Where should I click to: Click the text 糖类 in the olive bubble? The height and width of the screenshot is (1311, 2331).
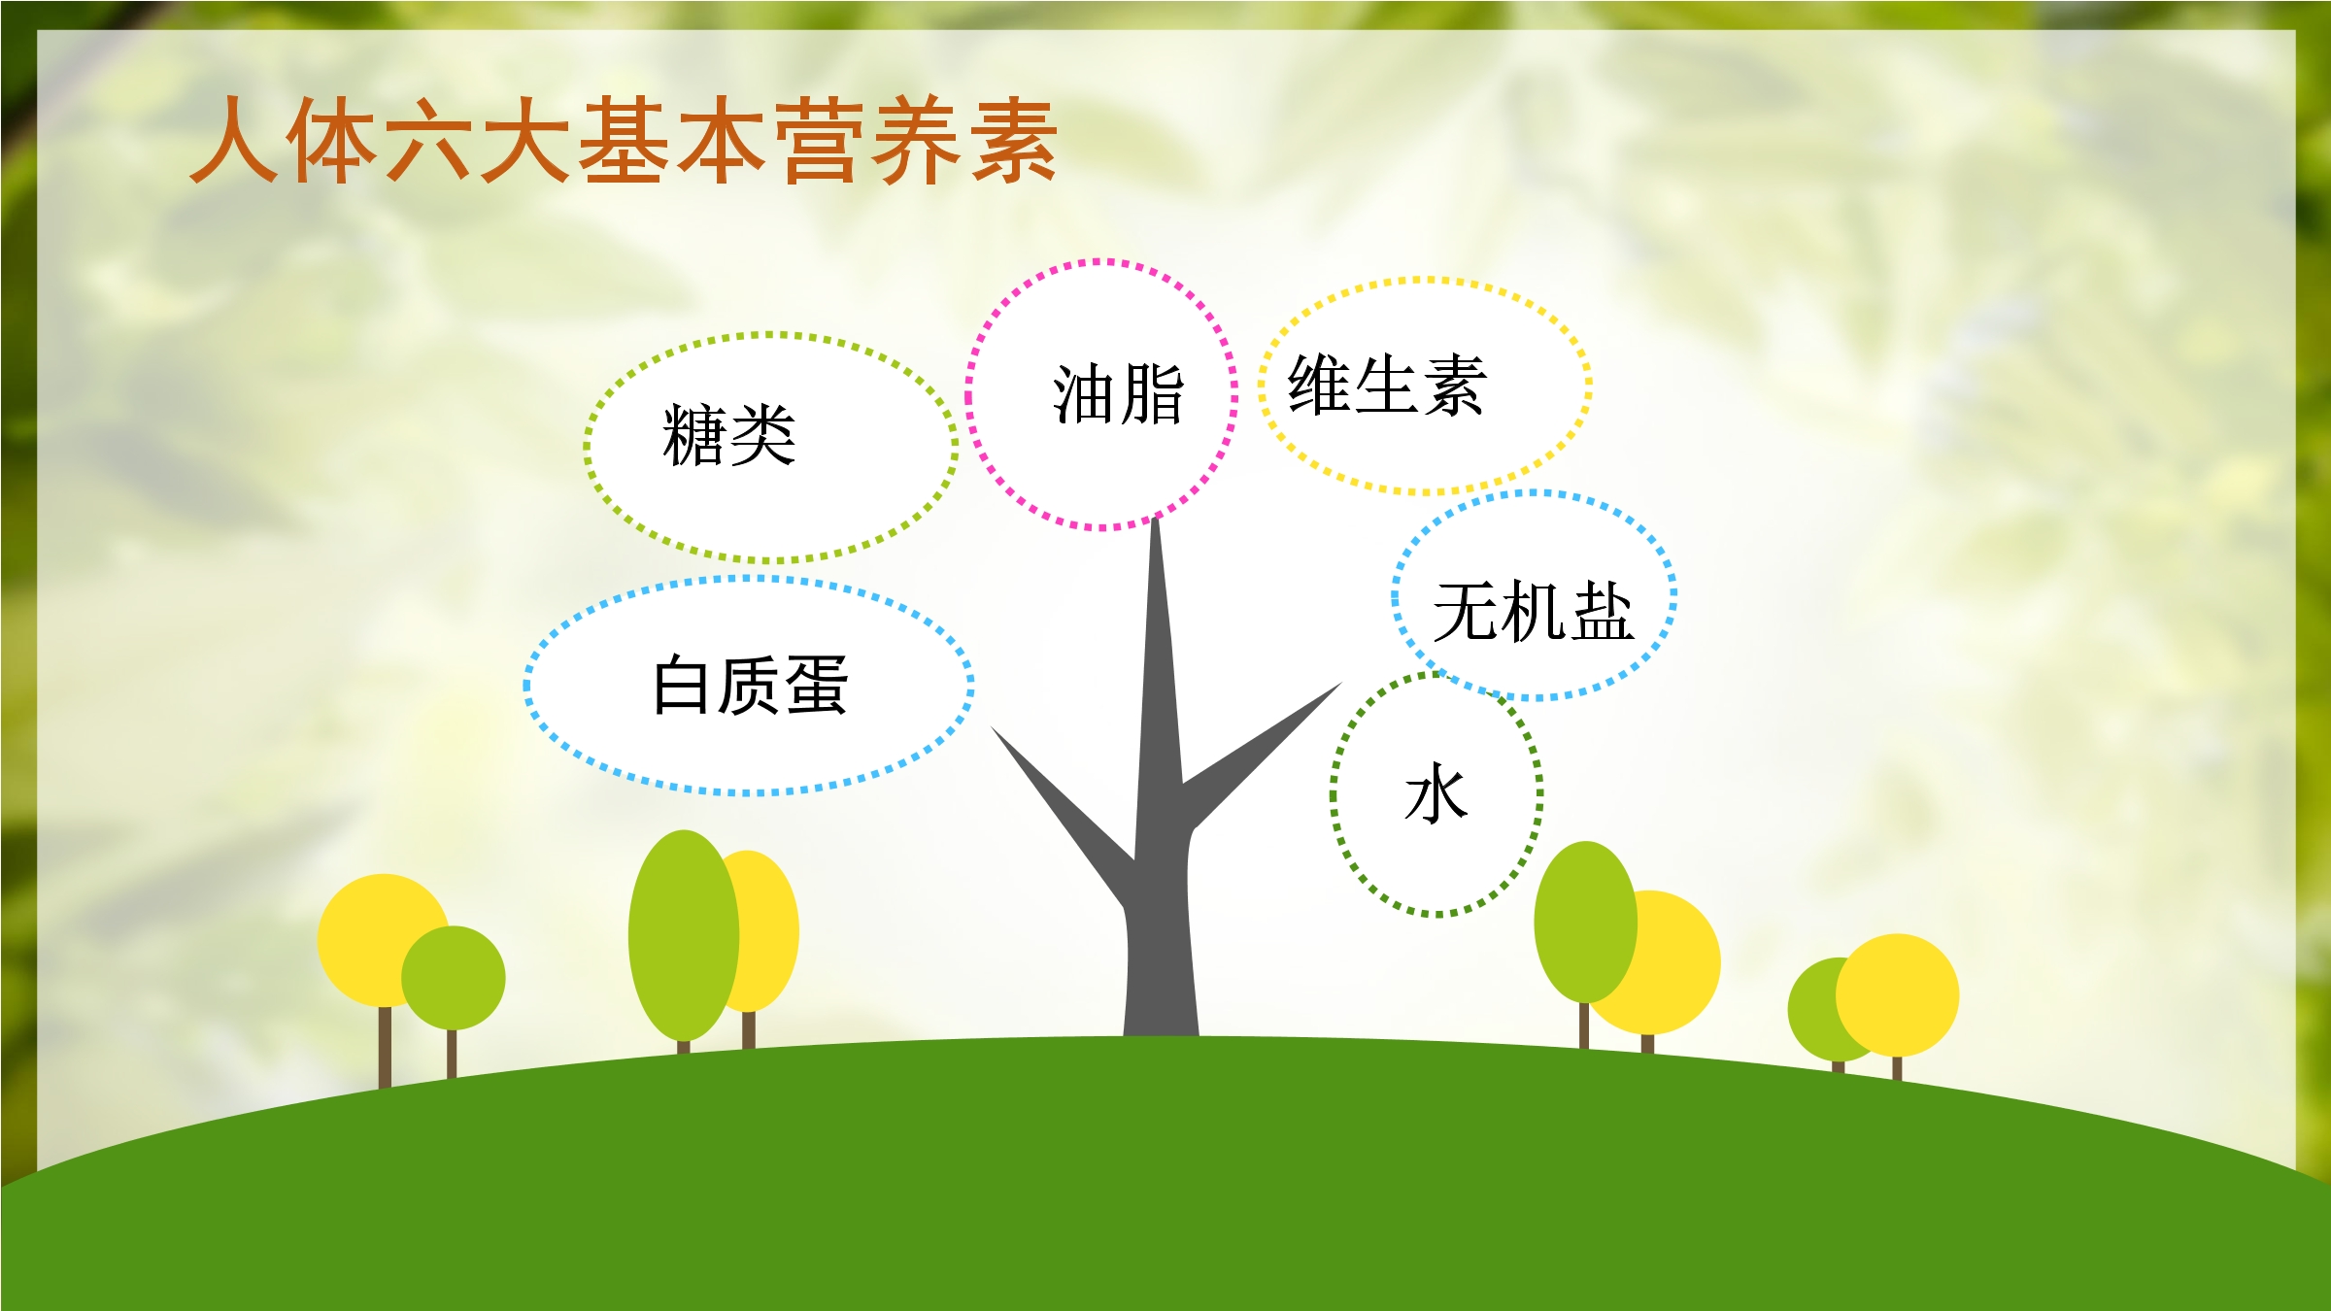[x=728, y=436]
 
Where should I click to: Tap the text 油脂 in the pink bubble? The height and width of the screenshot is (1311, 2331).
[x=1119, y=394]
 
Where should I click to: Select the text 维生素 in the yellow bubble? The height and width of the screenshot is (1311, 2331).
[x=1387, y=386]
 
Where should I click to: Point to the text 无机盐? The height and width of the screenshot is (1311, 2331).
[x=1534, y=612]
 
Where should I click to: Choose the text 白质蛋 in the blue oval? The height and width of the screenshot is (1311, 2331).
[x=751, y=686]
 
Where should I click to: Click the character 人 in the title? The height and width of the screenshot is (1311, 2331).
[x=233, y=140]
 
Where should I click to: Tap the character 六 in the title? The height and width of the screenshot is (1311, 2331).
[x=428, y=140]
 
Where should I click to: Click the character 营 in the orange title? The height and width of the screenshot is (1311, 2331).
[x=819, y=140]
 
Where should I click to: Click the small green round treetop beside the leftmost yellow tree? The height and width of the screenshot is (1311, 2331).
[x=454, y=977]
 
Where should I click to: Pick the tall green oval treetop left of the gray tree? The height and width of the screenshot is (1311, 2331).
[x=684, y=935]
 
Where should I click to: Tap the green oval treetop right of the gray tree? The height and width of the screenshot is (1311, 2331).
[x=1585, y=922]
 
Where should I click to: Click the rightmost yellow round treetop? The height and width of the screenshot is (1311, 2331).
[x=1897, y=994]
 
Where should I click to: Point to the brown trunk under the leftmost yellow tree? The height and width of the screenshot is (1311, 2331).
[x=385, y=1048]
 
